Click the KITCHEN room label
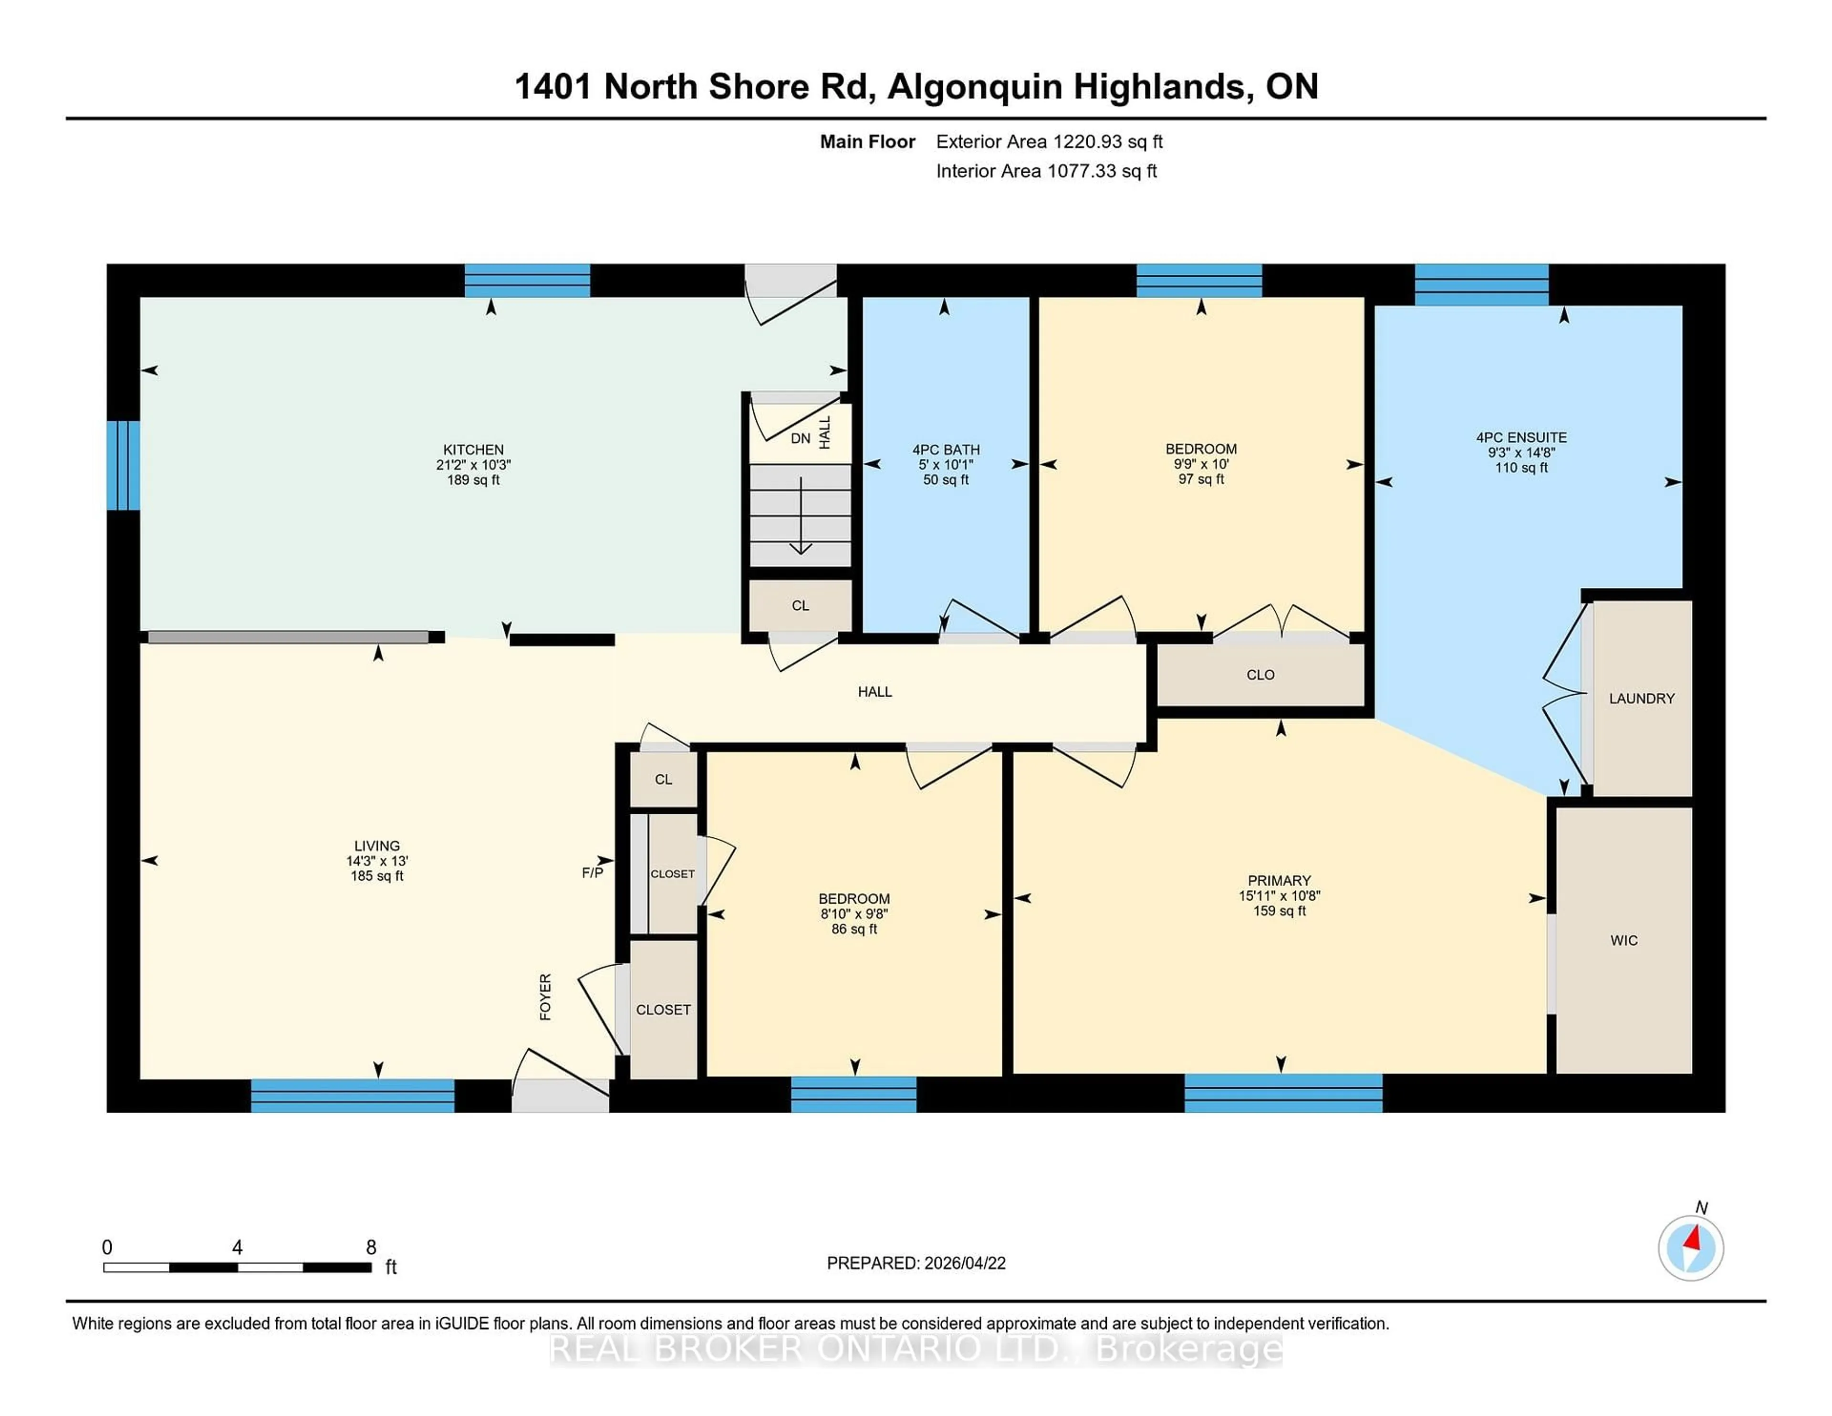[x=473, y=449]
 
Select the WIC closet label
[x=1623, y=940]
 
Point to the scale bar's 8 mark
[x=371, y=1248]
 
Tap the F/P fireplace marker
[x=592, y=873]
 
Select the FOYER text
[x=545, y=997]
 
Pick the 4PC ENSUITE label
[x=1521, y=437]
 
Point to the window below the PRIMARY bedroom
[x=1282, y=1093]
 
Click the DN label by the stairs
[x=800, y=438]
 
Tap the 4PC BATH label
[x=946, y=449]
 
